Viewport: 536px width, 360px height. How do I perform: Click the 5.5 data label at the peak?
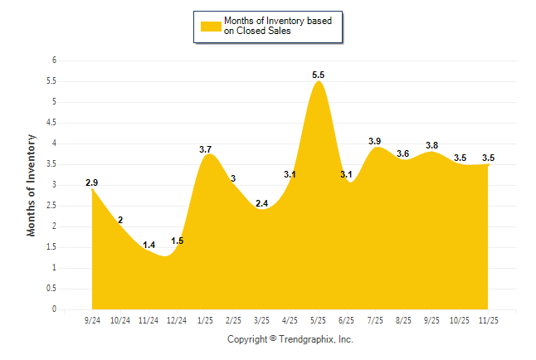coord(319,75)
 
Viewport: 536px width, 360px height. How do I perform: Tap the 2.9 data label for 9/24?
coord(91,182)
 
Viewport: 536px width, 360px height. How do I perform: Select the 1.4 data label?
coord(149,245)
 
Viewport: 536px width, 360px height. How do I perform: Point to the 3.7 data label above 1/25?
coord(206,148)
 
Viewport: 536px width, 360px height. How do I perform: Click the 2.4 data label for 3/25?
coord(261,203)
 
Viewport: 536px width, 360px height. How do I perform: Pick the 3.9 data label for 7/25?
coord(375,141)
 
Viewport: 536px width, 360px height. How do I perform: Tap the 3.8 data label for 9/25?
coord(431,145)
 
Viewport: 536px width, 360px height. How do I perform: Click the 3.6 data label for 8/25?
coord(403,153)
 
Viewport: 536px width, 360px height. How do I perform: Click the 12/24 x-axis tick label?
coord(177,319)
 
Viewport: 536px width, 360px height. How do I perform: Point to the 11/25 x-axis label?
coord(489,319)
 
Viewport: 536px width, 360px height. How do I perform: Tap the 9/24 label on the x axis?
coord(91,319)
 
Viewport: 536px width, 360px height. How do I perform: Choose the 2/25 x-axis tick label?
coord(233,319)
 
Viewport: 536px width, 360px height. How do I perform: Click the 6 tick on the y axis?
coord(54,61)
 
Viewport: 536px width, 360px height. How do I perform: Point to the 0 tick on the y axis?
coord(54,309)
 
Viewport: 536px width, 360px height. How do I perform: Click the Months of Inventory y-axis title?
coord(32,185)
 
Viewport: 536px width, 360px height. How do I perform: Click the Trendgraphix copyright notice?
coord(290,339)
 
